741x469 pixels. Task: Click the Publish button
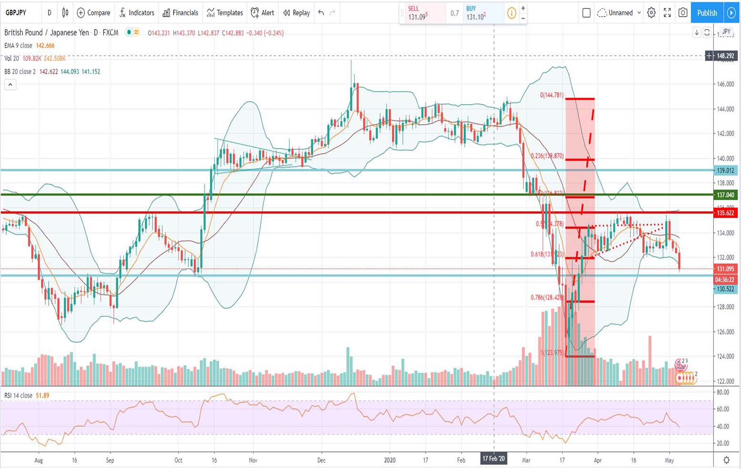pos(707,13)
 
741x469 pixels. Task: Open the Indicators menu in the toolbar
pos(137,13)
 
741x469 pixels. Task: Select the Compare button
pos(93,13)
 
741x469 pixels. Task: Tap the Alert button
pos(263,13)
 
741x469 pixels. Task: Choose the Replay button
pos(297,13)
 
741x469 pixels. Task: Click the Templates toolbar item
pos(225,13)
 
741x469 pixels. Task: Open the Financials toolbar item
pos(180,13)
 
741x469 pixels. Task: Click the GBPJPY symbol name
pos(16,13)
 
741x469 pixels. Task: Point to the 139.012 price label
pos(725,170)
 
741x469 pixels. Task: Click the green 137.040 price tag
pos(725,194)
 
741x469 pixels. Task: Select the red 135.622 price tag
pos(725,213)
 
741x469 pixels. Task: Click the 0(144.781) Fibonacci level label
pos(552,95)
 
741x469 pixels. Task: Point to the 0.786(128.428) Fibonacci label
pos(547,297)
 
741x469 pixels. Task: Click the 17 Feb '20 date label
pos(494,459)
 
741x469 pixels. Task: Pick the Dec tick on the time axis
pos(321,460)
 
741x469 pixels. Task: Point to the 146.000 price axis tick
pos(725,84)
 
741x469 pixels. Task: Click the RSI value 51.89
pos(42,396)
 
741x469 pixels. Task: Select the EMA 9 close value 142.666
pos(45,46)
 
